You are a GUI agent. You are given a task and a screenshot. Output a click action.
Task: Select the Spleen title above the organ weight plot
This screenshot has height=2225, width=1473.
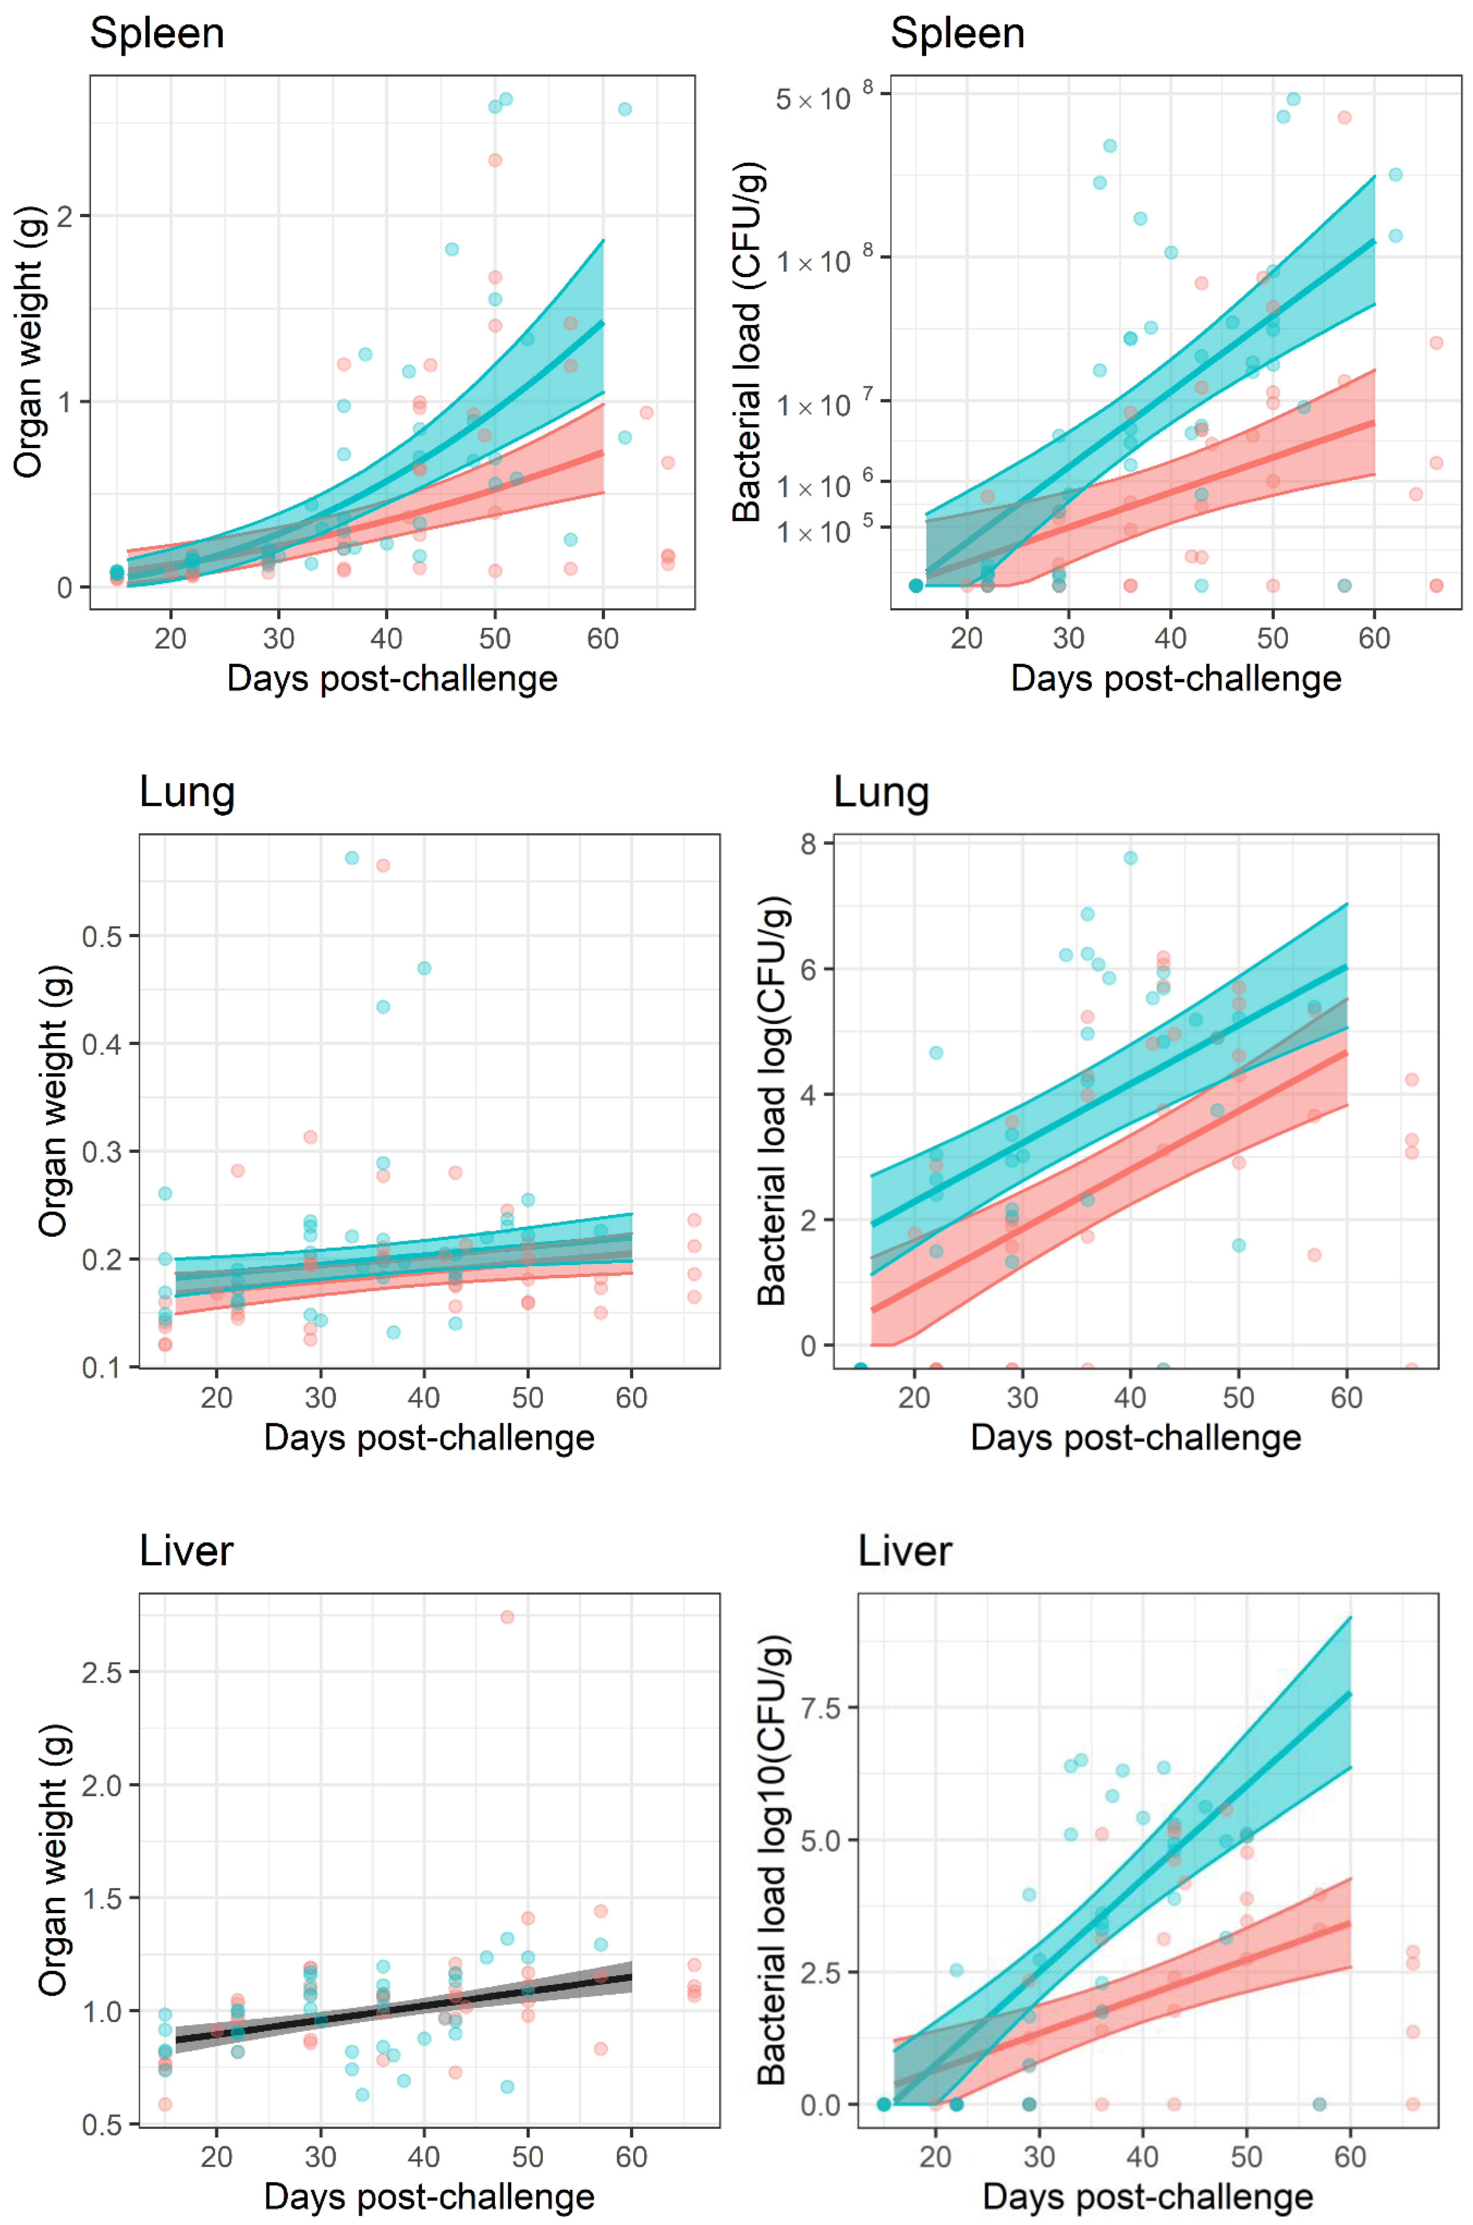coord(157,34)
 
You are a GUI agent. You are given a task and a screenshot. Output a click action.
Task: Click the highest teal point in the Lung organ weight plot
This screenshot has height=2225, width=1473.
coord(351,857)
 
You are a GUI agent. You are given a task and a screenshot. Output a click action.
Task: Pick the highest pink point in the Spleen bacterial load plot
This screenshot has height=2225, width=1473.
coord(1344,117)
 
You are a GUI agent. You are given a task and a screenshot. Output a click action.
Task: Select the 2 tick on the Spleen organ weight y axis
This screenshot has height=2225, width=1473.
coord(64,216)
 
